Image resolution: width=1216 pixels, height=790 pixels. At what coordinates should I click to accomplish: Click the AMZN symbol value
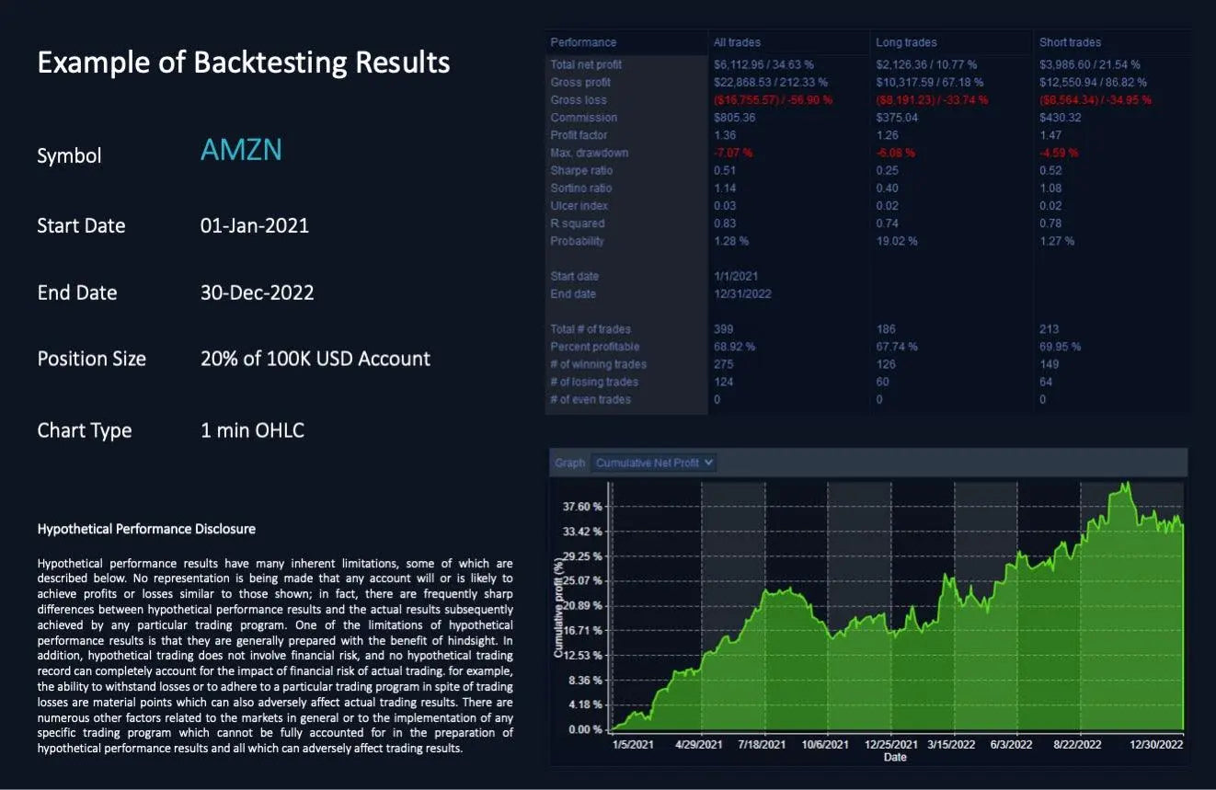(x=241, y=150)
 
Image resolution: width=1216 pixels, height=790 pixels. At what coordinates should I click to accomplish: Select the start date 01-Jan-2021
(x=255, y=225)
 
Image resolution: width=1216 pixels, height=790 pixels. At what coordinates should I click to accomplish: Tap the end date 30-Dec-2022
(x=257, y=292)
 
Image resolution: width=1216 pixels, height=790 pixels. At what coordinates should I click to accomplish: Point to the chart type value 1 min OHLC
(x=252, y=429)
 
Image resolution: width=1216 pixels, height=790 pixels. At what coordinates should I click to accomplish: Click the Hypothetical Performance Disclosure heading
(x=146, y=529)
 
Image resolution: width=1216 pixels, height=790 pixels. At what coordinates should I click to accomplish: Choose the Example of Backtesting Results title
(x=244, y=63)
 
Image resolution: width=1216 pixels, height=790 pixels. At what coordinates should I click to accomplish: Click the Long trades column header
(x=906, y=42)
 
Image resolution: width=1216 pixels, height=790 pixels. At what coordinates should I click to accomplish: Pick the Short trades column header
(x=1070, y=42)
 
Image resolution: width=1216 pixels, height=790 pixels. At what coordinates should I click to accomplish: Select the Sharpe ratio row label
(x=581, y=170)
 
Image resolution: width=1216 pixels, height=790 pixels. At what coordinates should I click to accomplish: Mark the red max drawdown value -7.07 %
(x=733, y=153)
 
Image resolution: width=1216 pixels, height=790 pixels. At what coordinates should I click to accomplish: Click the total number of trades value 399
(x=724, y=329)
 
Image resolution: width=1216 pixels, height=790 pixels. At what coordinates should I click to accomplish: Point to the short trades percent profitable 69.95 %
(x=1060, y=347)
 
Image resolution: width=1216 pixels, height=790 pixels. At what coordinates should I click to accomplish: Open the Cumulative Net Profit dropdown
(x=654, y=463)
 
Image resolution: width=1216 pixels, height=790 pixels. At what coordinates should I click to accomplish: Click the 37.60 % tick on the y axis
(x=583, y=507)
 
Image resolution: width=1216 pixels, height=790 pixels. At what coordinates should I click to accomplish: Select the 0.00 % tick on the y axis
(x=585, y=729)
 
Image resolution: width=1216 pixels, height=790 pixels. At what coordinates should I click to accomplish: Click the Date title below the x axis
(x=895, y=757)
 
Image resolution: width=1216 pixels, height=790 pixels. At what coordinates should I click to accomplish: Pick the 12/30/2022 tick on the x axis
(x=1156, y=744)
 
